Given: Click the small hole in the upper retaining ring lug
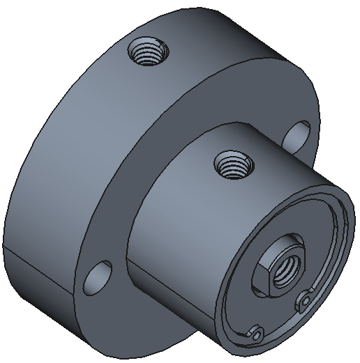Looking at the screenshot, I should pyautogui.click(x=304, y=300).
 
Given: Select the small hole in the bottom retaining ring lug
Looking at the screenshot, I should pyautogui.click(x=257, y=336).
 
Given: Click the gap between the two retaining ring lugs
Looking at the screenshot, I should pyautogui.click(x=283, y=325).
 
